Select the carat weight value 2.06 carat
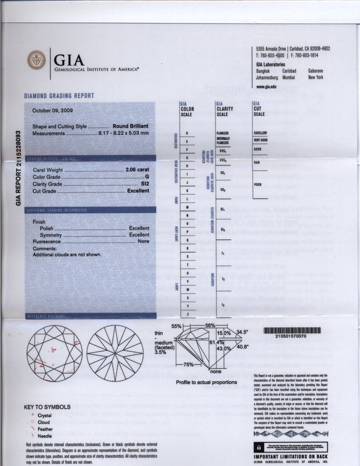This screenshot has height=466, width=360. click(137, 170)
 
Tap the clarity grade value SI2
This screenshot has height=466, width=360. click(145, 184)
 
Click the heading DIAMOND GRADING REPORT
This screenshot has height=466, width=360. click(59, 96)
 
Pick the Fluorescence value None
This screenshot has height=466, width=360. click(144, 242)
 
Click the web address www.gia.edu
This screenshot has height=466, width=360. click(267, 86)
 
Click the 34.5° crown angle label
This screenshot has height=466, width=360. click(243, 332)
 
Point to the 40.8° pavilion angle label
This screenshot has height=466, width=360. click(243, 346)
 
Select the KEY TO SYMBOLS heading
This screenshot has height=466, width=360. click(47, 407)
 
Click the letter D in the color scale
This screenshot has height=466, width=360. click(187, 133)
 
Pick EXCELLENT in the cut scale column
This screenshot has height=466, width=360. click(260, 133)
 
